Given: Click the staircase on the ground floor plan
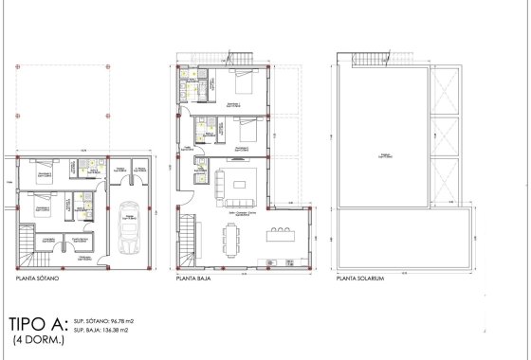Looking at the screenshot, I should click(x=190, y=241).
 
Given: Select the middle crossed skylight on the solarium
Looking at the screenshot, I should click(x=444, y=136).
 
